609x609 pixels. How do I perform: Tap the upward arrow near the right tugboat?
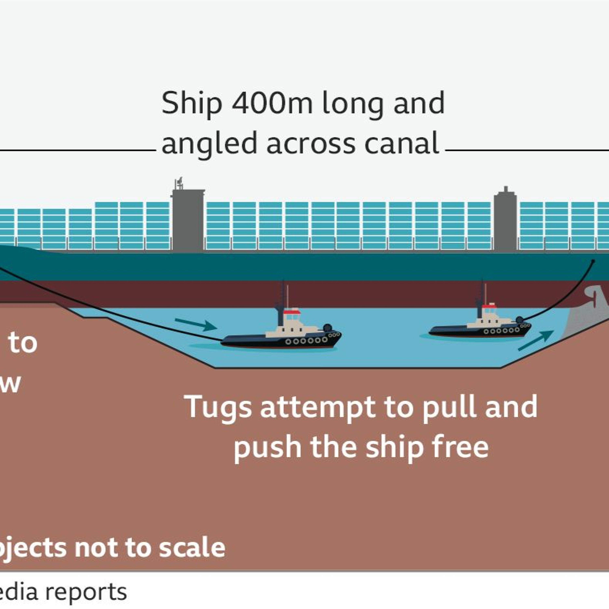[536, 340]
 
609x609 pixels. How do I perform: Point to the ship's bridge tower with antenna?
[188, 221]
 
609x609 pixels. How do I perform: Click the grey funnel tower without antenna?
[505, 221]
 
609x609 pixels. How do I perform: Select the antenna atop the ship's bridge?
[179, 184]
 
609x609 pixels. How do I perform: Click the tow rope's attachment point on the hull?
[593, 261]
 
